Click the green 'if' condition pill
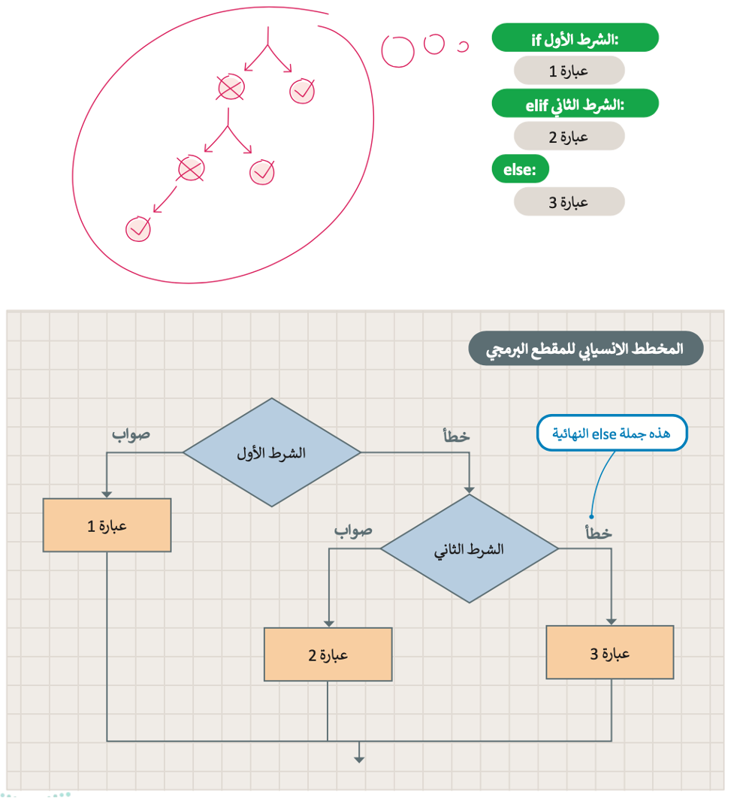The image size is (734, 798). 575,38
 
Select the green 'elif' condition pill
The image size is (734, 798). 575,103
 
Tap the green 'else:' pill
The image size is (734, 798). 521,169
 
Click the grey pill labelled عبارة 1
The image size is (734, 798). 569,70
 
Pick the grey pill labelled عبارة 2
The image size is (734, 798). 569,136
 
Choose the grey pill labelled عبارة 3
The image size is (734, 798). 569,201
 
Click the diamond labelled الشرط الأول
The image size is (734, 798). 272,452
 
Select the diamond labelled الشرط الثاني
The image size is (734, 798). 469,549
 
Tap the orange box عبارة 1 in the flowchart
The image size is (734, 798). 107,525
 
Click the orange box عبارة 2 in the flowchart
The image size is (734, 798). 328,654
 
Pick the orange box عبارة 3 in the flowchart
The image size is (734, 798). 610,652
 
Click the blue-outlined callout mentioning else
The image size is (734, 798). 612,433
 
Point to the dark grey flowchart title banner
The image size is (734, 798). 585,348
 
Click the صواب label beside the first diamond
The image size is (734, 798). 131,434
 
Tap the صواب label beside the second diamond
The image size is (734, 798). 353,530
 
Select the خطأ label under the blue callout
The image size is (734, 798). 598,532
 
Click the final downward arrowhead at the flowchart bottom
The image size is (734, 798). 359,760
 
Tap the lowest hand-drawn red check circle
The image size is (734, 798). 137,229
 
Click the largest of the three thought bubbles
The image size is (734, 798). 397,51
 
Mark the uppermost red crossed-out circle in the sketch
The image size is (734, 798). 231,87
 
